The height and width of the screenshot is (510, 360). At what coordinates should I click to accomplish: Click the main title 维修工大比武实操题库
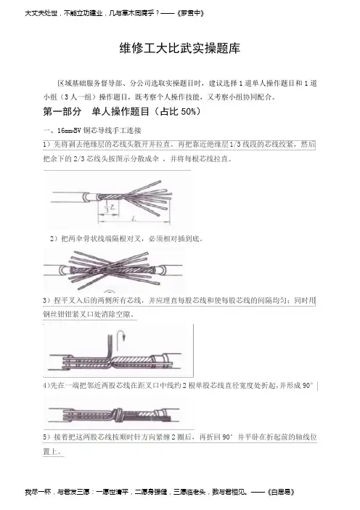coord(180,49)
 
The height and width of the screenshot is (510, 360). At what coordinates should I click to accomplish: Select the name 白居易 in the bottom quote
coord(282,492)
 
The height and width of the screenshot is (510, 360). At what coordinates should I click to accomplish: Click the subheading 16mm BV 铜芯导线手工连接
coord(99,131)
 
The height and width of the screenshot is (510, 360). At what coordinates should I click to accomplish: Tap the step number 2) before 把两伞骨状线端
coord(54,239)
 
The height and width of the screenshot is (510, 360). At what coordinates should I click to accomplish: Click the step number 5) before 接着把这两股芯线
coord(46,437)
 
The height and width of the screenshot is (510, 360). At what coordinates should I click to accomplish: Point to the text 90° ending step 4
coord(308,386)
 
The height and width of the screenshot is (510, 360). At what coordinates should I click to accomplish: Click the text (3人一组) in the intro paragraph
coord(75,97)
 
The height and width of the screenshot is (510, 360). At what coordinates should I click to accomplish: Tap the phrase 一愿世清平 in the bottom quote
coord(112,492)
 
